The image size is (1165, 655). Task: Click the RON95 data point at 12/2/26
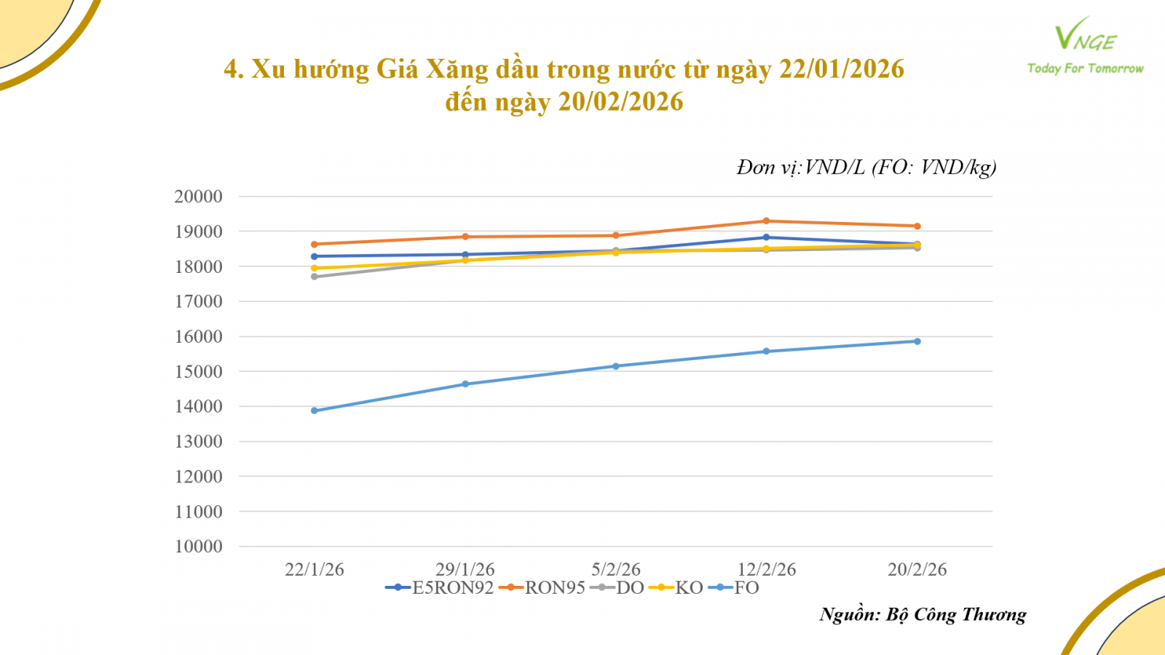point(766,221)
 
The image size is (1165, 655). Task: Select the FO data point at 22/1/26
point(315,410)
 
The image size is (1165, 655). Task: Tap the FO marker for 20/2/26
point(917,341)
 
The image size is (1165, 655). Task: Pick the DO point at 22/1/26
point(315,277)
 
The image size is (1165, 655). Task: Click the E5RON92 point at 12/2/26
point(766,237)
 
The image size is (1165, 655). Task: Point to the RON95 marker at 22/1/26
point(315,245)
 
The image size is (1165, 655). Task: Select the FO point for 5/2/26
point(616,366)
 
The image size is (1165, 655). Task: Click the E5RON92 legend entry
point(440,588)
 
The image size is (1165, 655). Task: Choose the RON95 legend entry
point(543,588)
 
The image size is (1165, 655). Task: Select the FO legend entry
point(735,588)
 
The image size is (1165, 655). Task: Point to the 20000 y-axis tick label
point(198,196)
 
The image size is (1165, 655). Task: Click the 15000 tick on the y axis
point(198,372)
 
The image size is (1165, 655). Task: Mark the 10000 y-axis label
point(198,547)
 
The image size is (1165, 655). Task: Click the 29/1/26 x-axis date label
point(465,570)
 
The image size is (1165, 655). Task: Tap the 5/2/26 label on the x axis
point(616,570)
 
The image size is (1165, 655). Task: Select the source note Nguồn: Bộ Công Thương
point(923,615)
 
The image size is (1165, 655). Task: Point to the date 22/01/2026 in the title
point(842,69)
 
